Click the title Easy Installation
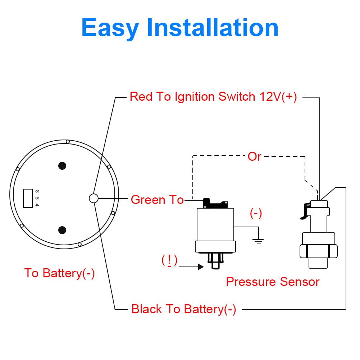pos(180,28)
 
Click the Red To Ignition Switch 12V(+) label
pos(213,97)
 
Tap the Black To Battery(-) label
pos(184,309)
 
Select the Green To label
pos(157,200)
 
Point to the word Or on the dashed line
pos(254,156)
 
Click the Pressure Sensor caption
pos(273,282)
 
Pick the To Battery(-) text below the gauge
pos(59,273)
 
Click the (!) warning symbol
pos(169,260)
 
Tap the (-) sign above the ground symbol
pos(256,214)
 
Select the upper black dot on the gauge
pos(62,165)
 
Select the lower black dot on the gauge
pos(62,230)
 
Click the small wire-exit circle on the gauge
pos(93,198)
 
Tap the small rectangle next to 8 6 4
pos(28,198)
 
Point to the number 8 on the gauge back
pos(37,191)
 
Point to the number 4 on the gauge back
pos(37,205)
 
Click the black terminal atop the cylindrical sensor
pos(215,204)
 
